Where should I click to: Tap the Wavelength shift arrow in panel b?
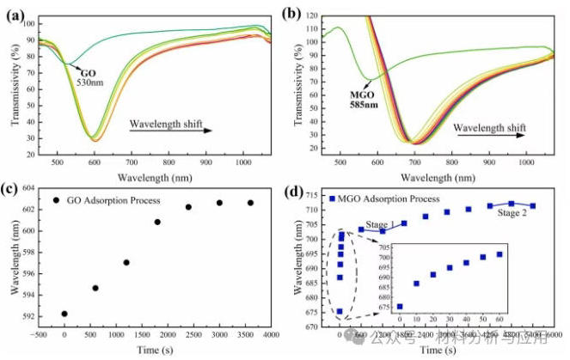point(488,131)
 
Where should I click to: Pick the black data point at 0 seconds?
point(64,314)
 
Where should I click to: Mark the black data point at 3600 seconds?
point(250,203)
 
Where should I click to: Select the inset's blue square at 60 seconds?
point(499,254)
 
